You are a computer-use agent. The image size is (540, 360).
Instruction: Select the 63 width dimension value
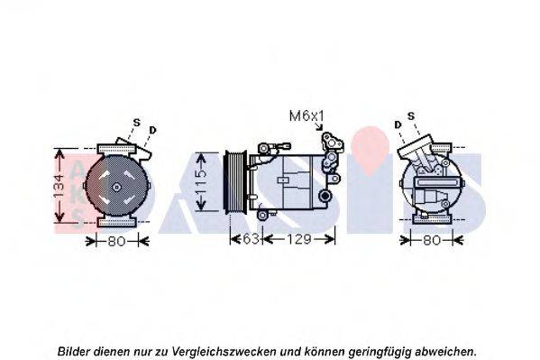click(x=251, y=239)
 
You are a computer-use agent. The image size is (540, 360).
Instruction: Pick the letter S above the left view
click(x=137, y=123)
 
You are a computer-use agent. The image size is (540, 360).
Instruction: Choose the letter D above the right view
click(x=397, y=123)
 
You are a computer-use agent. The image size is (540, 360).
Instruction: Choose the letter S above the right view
click(x=411, y=115)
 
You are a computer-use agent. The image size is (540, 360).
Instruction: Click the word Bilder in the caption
click(x=74, y=351)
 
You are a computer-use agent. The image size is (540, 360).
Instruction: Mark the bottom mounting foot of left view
click(x=118, y=222)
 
